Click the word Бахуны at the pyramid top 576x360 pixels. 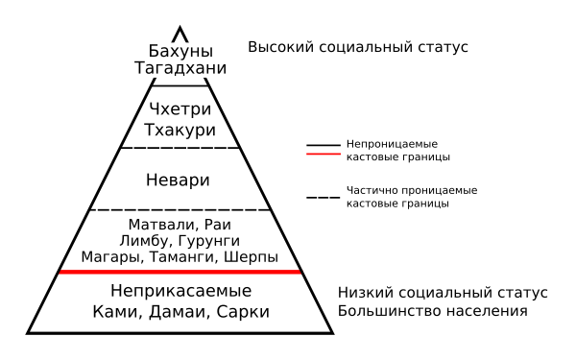[x=180, y=51]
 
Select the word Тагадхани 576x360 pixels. [x=180, y=68]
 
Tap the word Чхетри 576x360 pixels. [x=180, y=110]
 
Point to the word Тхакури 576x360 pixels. [x=180, y=130]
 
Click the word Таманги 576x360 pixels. [x=189, y=257]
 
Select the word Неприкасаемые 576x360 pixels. [x=180, y=290]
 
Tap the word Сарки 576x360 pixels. [x=243, y=312]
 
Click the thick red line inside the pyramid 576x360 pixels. [x=180, y=273]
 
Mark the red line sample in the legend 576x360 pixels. [x=324, y=154]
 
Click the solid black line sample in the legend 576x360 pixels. [x=324, y=146]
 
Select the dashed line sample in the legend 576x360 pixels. [x=324, y=197]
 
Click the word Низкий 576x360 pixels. [x=366, y=292]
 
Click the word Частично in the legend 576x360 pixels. [x=370, y=190]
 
